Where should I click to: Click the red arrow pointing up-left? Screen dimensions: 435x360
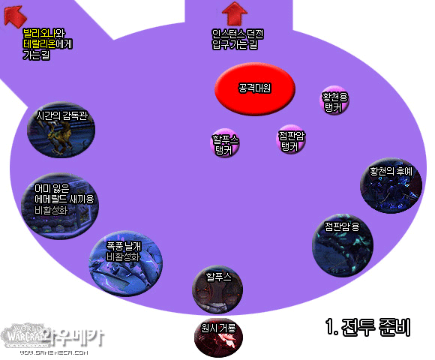[x=15, y=16]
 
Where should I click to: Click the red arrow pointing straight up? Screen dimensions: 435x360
[x=235, y=13]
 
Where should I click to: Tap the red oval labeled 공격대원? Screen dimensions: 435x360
[x=255, y=88]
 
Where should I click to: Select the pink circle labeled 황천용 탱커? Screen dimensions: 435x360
[x=334, y=100]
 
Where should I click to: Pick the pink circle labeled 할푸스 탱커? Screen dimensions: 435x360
[x=225, y=142]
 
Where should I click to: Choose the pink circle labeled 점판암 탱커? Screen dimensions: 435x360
[x=291, y=139]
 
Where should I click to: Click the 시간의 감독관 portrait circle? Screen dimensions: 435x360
[x=61, y=130]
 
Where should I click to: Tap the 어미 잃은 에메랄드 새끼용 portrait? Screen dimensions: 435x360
[x=60, y=206]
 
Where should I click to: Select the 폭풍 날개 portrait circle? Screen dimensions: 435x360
[x=126, y=263]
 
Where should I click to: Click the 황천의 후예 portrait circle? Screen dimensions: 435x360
[x=391, y=185]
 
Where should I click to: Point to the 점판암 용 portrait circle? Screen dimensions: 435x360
[x=343, y=245]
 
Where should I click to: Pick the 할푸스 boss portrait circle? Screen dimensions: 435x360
[x=217, y=289]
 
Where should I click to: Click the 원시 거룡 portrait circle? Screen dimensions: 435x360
[x=218, y=337]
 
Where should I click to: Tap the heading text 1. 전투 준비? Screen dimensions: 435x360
[x=367, y=327]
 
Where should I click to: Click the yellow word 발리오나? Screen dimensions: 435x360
[x=39, y=34]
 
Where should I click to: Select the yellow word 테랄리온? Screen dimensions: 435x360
[x=40, y=44]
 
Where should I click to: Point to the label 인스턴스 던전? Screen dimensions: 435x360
[x=238, y=34]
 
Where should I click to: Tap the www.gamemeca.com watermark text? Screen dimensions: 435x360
[x=54, y=352]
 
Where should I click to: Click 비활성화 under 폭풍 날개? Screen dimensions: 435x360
[x=123, y=256]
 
